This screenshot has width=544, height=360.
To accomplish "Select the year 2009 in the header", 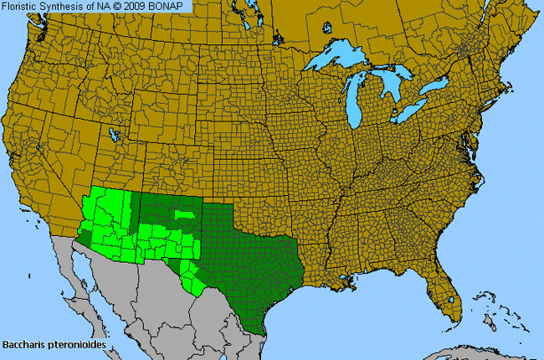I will pyautogui.click(x=142, y=7).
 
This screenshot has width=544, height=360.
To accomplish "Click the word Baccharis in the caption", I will pyautogui.click(x=23, y=343).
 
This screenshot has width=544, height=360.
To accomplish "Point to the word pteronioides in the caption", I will pyautogui.click(x=73, y=343).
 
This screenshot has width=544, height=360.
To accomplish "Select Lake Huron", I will pyautogui.click(x=393, y=84).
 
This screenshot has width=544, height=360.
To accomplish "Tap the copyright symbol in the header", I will pyautogui.click(x=123, y=7).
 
